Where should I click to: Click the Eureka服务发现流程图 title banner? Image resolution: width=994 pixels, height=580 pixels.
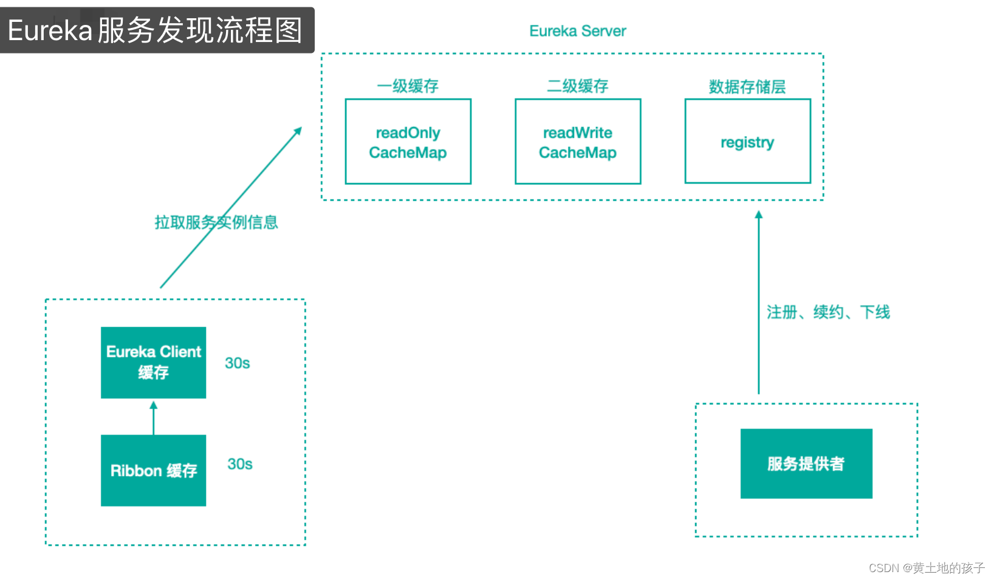(156, 30)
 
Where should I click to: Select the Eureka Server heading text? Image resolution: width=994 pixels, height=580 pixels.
(577, 31)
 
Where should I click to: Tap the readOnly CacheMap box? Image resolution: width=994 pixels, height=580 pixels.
(408, 142)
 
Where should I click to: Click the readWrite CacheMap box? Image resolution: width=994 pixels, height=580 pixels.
(577, 142)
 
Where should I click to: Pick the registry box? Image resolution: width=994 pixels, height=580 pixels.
(747, 142)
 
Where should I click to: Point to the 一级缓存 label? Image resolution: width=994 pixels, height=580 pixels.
(408, 86)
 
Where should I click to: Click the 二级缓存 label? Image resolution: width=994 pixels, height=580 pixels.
(577, 86)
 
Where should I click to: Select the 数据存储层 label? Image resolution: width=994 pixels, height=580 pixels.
(747, 87)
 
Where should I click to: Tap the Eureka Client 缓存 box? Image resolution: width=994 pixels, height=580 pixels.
(153, 362)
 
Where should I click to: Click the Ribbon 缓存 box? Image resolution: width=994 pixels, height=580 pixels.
(153, 470)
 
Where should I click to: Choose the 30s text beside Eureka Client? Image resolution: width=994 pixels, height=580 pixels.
(237, 363)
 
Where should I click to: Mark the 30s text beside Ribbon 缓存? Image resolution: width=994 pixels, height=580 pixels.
(239, 464)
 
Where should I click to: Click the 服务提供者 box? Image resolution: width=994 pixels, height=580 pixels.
(806, 463)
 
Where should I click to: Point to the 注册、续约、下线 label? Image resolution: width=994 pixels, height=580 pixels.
(828, 312)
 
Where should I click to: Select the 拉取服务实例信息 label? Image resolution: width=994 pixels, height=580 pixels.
(216, 223)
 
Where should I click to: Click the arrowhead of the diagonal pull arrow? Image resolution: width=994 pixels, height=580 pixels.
(298, 131)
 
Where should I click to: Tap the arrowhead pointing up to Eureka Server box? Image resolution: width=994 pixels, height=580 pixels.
(758, 215)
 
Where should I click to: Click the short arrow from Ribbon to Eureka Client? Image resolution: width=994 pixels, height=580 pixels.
(153, 418)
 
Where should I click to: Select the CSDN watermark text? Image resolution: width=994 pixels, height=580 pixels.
(926, 568)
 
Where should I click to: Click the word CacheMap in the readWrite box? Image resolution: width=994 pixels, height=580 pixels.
(577, 153)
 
